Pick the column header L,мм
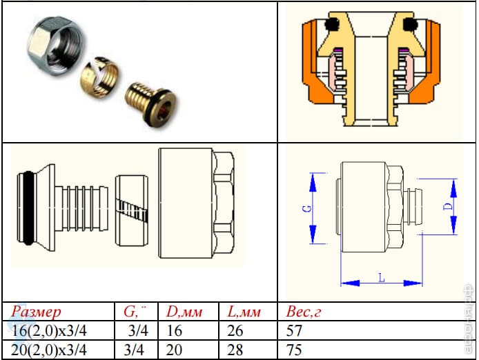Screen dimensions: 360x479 click(x=244, y=312)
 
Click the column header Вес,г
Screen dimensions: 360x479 click(x=304, y=312)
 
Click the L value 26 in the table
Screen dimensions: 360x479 click(x=235, y=331)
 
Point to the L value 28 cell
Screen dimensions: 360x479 click(x=235, y=350)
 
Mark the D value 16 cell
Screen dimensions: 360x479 click(x=174, y=331)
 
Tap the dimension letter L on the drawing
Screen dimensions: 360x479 click(x=381, y=277)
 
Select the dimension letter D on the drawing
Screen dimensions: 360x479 click(x=447, y=206)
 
